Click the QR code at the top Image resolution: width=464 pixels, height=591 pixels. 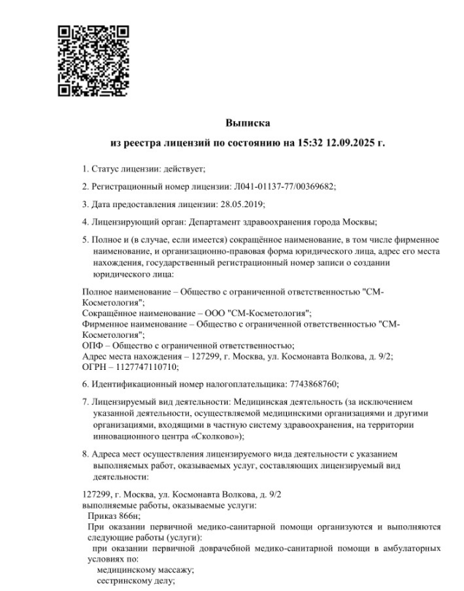click(x=93, y=61)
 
